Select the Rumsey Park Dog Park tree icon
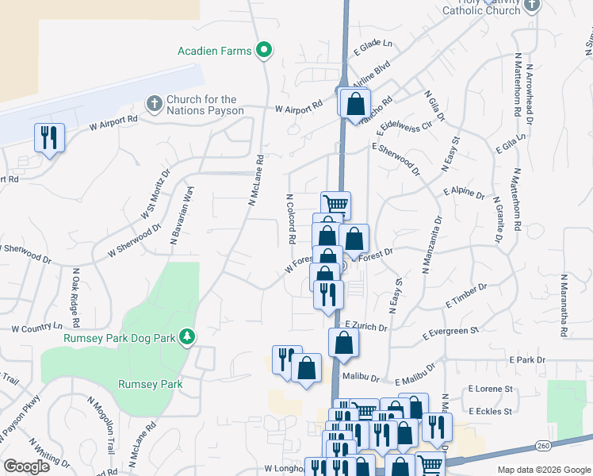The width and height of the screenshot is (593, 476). tap(187, 337)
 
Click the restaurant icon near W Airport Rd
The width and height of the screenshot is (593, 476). tap(49, 137)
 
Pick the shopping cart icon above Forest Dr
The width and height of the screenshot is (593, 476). tap(336, 205)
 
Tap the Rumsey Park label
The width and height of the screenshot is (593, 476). tap(150, 385)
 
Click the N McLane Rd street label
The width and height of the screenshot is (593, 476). tap(255, 180)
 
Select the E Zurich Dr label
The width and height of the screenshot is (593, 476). tap(366, 327)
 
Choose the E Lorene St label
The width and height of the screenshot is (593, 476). tap(491, 390)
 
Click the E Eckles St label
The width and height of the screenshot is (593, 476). tap(491, 412)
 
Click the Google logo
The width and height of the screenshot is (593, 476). tap(26, 467)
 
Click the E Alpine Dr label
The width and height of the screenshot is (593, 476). tap(464, 192)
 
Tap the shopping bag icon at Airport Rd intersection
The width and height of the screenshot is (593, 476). tap(357, 103)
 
